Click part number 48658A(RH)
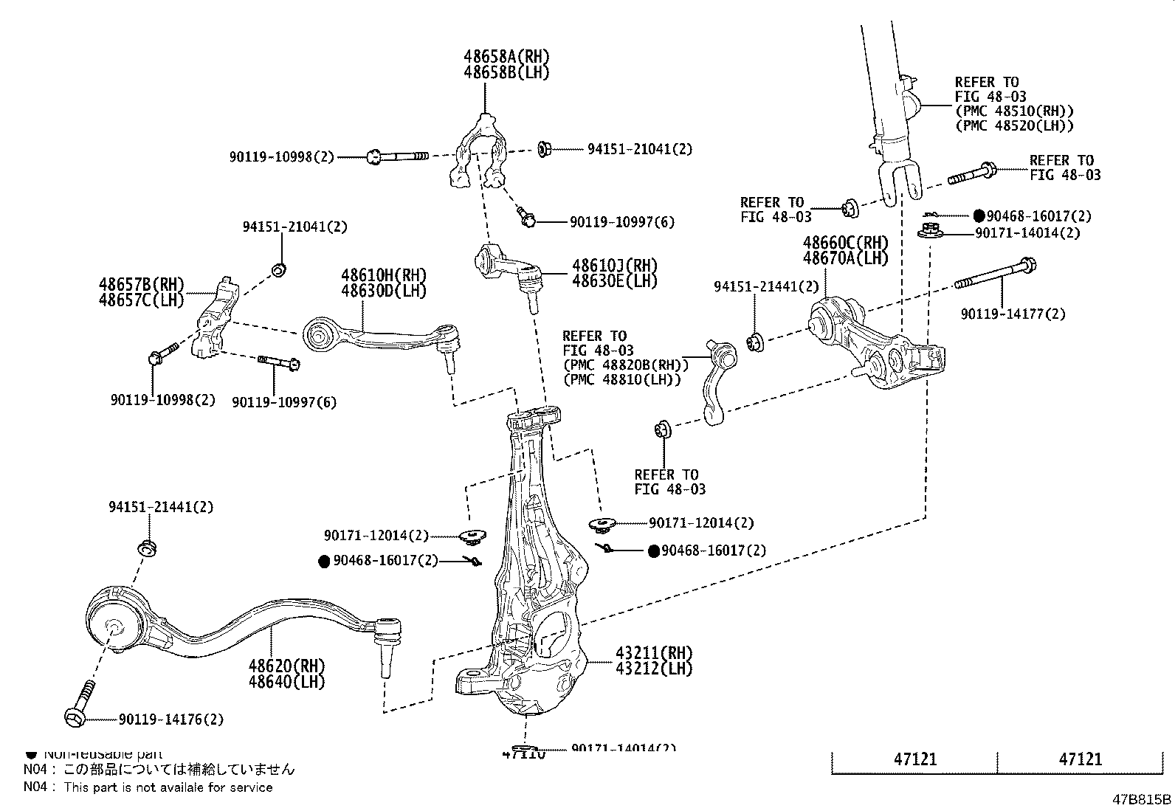click(x=506, y=57)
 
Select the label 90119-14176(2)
click(x=160, y=719)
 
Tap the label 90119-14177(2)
click(x=1013, y=314)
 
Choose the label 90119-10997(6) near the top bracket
click(x=621, y=222)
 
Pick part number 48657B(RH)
click(x=141, y=284)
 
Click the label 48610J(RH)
click(x=614, y=266)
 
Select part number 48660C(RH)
click(x=845, y=243)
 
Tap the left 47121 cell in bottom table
click(x=915, y=759)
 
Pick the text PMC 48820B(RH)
click(x=625, y=365)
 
